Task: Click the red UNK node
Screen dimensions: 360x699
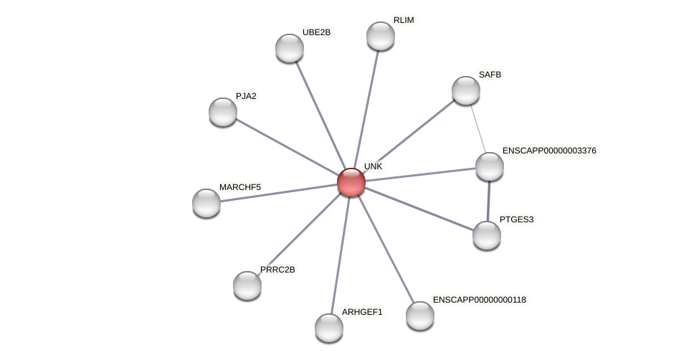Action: click(x=351, y=182)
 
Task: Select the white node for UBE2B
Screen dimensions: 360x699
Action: click(x=290, y=48)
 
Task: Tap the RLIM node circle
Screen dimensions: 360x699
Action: click(x=381, y=36)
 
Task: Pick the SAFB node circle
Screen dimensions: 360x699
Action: click(x=466, y=90)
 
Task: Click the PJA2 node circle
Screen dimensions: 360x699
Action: click(x=223, y=112)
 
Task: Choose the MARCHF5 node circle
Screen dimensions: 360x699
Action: click(x=206, y=203)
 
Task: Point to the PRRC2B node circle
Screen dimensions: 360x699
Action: click(x=247, y=285)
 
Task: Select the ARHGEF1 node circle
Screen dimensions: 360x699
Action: click(x=329, y=328)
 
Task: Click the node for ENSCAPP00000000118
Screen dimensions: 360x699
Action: click(x=420, y=316)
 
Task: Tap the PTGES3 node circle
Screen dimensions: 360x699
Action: click(x=487, y=235)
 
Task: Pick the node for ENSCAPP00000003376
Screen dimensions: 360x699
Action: click(x=490, y=166)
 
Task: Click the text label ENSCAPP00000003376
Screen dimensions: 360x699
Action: click(x=549, y=151)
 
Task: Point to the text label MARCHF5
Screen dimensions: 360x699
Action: click(x=240, y=187)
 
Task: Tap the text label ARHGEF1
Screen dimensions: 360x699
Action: click(x=362, y=312)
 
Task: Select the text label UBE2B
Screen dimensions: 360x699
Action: click(x=316, y=32)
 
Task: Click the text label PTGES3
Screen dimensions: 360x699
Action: click(x=516, y=219)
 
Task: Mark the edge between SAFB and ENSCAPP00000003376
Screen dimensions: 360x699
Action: click(x=477, y=128)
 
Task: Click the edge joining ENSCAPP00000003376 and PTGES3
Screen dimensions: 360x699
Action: click(x=488, y=201)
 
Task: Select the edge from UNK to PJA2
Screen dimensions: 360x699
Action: click(x=287, y=147)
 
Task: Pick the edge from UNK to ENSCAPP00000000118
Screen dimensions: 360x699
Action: click(x=386, y=249)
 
